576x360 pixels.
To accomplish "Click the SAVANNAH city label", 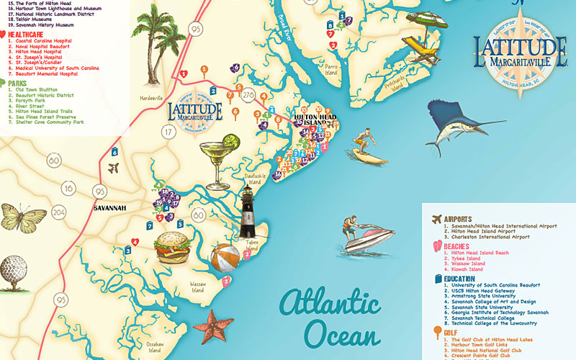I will (x=109, y=209).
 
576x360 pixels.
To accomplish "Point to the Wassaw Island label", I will (x=198, y=287).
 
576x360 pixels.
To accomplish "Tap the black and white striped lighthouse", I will (x=248, y=213).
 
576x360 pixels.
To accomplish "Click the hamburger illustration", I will (x=174, y=247).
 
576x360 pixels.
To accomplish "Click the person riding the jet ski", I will (x=369, y=234).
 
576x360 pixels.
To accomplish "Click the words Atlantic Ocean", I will (x=331, y=318).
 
